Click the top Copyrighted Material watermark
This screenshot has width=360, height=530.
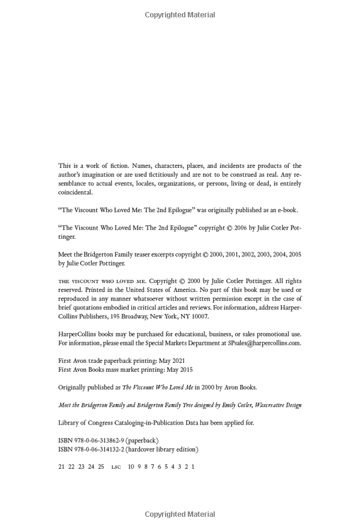point(180,14)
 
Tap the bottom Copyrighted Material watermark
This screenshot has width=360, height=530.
point(180,514)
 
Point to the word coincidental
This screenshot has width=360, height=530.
point(76,192)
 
